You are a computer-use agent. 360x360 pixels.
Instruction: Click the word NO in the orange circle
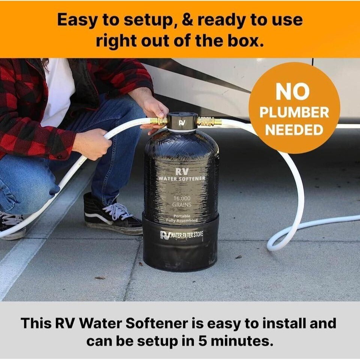293,91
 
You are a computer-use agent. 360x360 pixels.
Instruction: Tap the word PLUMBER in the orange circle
294,112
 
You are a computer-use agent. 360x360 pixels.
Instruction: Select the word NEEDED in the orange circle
294,130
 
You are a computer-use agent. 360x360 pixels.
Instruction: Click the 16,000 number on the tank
182,198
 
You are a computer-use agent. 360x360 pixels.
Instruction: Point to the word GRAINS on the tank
182,205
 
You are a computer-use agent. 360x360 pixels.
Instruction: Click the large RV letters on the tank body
182,171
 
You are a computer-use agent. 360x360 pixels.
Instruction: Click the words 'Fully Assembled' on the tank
182,220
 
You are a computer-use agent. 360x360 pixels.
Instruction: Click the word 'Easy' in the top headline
77,20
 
